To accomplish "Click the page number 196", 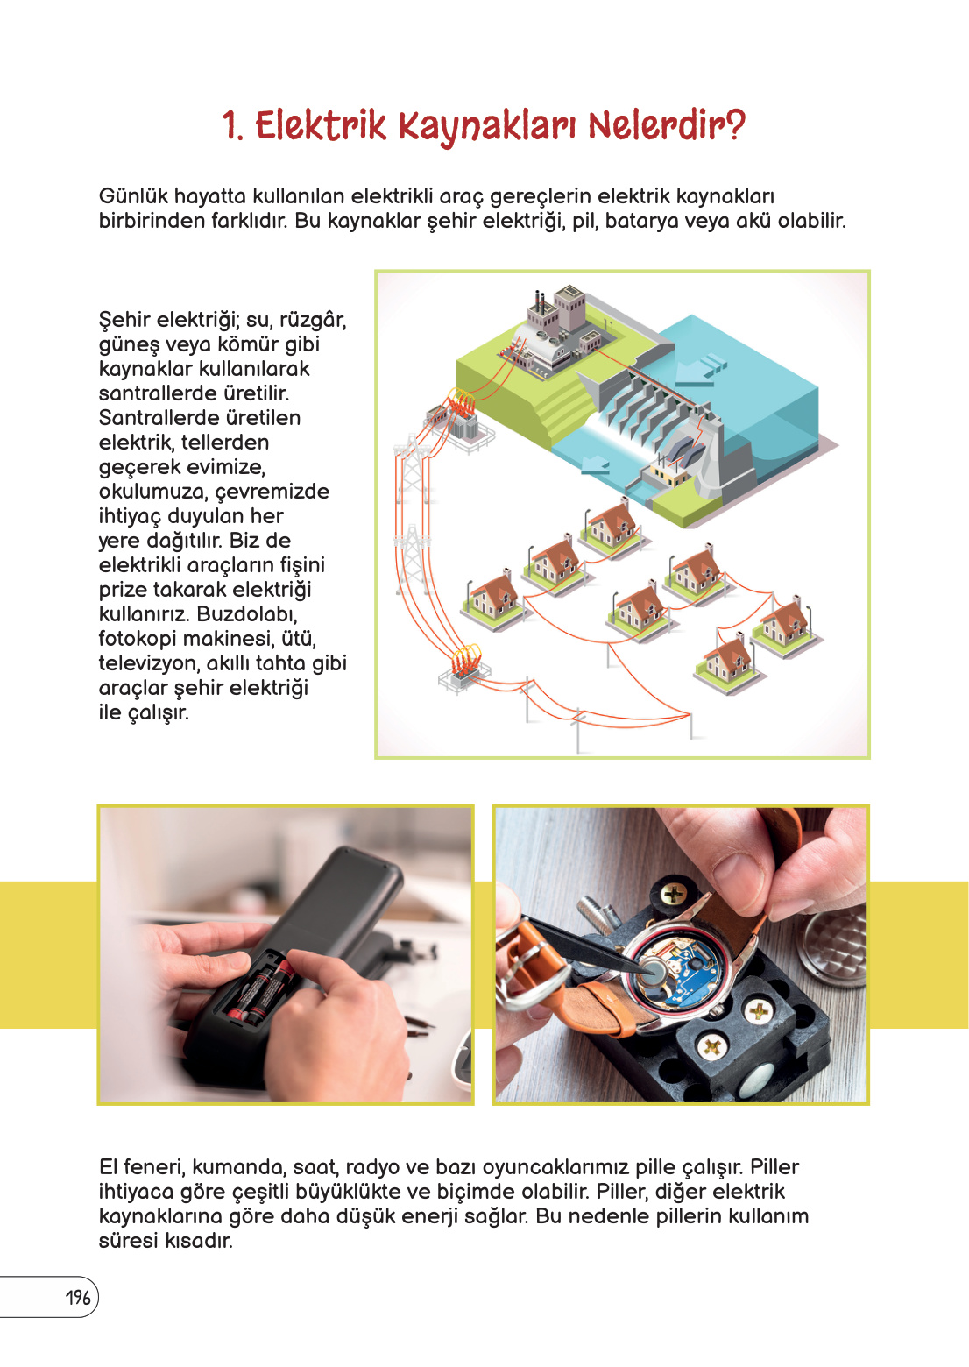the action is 78,1298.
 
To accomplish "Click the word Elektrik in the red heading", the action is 321,125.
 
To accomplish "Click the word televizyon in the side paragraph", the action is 148,662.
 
